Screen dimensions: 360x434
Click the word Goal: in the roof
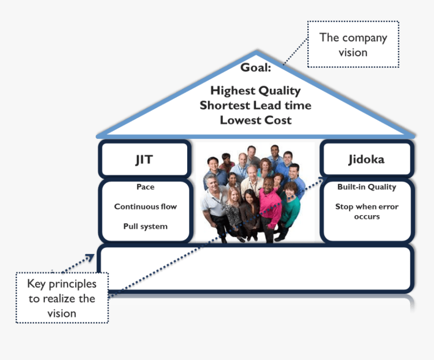(x=255, y=67)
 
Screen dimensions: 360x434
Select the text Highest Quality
(x=255, y=91)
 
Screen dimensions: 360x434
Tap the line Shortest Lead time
(x=255, y=106)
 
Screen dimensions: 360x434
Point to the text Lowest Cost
(x=255, y=120)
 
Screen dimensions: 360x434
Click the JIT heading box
(x=144, y=160)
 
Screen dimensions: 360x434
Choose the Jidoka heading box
(x=366, y=160)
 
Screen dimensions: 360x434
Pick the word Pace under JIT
(x=145, y=187)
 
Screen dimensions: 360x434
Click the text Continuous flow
(x=145, y=207)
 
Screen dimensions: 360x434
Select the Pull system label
(x=145, y=226)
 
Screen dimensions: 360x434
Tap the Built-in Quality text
(x=367, y=187)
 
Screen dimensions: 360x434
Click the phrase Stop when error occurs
(x=367, y=212)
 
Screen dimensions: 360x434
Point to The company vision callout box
(x=353, y=44)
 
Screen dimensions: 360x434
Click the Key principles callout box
(x=62, y=298)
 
